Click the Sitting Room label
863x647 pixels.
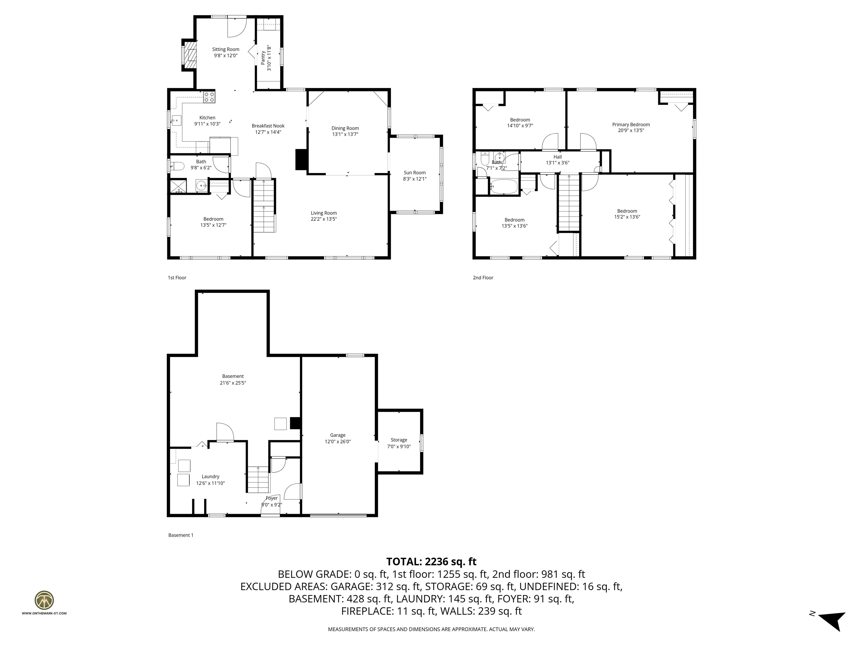(x=226, y=49)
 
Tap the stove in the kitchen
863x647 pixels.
(x=209, y=97)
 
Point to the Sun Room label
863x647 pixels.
(x=414, y=173)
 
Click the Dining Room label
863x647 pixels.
(x=345, y=128)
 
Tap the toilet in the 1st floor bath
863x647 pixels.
(x=177, y=167)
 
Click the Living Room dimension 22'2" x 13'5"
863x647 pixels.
(x=323, y=219)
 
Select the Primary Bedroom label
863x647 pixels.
(x=631, y=125)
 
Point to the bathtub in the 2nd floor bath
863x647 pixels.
(x=504, y=186)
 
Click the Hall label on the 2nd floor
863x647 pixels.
(x=558, y=157)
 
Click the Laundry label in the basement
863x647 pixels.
(x=210, y=477)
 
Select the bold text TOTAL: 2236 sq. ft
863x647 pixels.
(x=431, y=562)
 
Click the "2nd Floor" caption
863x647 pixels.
(x=483, y=278)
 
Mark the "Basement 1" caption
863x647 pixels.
(x=181, y=535)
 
